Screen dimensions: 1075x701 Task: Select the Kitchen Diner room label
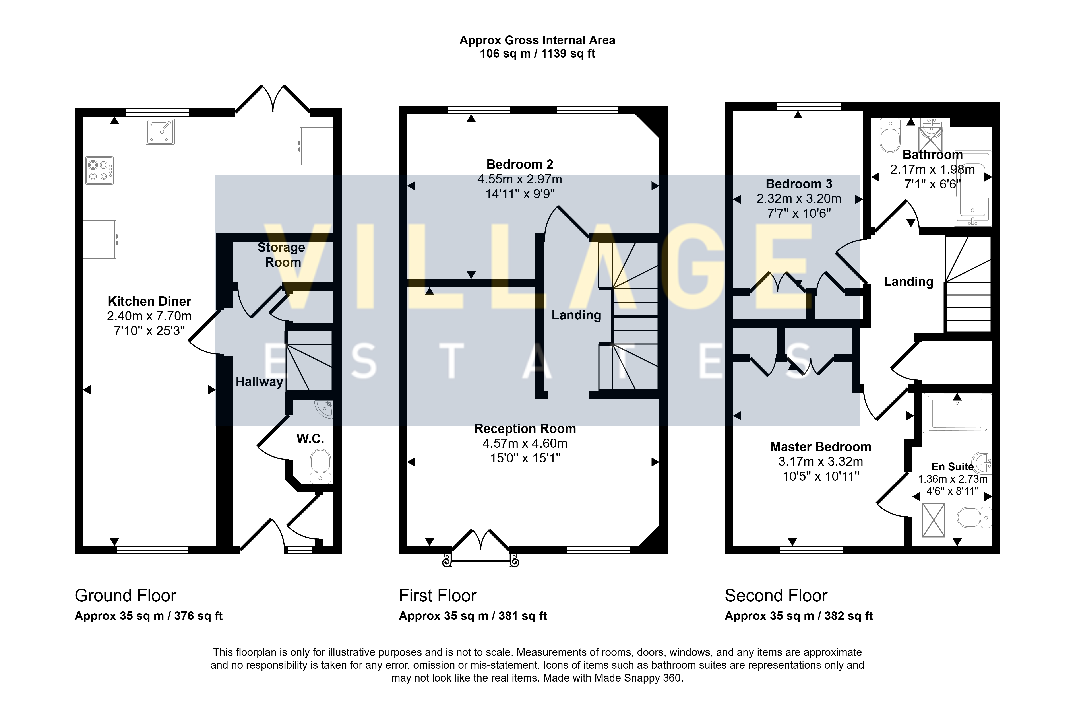click(x=149, y=301)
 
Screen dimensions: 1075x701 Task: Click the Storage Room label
click(x=281, y=255)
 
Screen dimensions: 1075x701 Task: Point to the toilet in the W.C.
click(x=321, y=467)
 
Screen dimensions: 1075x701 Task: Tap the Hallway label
click(x=259, y=382)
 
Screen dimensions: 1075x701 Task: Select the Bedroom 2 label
click(x=519, y=164)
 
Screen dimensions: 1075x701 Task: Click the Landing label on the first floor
click(x=576, y=315)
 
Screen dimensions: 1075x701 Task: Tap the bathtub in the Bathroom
click(x=972, y=188)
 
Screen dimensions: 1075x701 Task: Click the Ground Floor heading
click(x=125, y=596)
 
